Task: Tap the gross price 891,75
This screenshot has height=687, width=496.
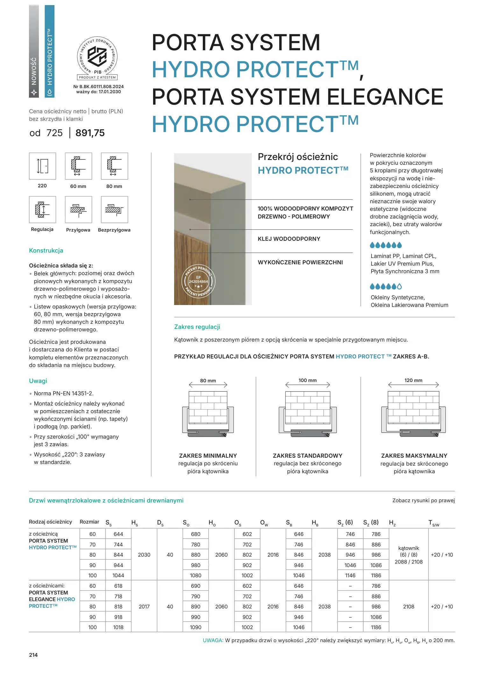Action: point(90,133)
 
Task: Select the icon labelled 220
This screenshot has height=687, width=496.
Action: point(42,166)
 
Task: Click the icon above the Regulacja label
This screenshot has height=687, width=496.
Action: point(42,210)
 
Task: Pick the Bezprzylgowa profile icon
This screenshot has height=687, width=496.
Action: point(114,210)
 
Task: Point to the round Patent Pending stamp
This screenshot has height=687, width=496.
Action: point(198,281)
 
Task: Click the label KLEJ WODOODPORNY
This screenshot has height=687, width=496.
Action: point(289,239)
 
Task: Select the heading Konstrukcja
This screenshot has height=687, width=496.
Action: point(46,251)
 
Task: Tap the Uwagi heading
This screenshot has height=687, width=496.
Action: point(38,381)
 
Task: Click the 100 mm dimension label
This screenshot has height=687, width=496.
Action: point(308,380)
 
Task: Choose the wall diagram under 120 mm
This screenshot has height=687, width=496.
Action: point(413,414)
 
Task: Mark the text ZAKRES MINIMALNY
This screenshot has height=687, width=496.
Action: point(208,456)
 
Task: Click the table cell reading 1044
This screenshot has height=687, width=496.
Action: point(118,575)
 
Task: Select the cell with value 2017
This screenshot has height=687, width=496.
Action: point(144,607)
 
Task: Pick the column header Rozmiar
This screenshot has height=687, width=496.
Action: point(89,522)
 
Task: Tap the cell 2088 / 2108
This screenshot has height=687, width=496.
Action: point(408,562)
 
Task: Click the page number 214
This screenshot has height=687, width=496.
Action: point(33,655)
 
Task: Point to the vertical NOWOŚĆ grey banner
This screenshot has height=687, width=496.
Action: point(34,51)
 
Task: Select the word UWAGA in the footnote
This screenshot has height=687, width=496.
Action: point(213,641)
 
